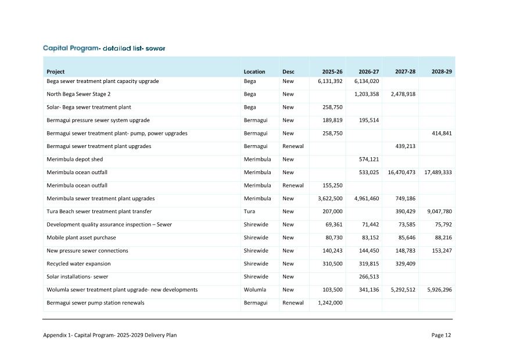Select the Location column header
(254, 72)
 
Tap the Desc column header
(288, 72)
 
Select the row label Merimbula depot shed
(74, 159)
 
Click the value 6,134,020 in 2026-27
(367, 81)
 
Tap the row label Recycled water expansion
(78, 264)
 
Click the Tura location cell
(250, 211)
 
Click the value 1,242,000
(330, 303)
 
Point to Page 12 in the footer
(441, 335)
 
